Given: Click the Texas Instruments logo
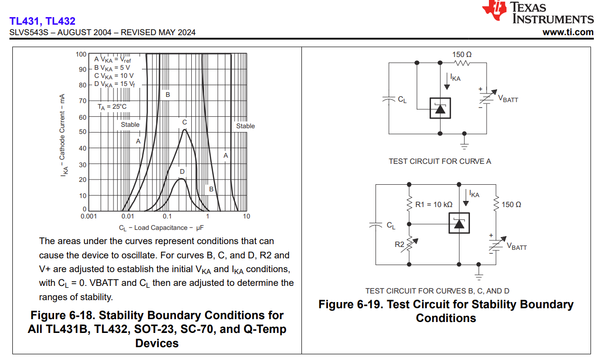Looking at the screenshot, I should click(x=538, y=12).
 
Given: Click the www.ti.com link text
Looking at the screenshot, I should click(x=568, y=32).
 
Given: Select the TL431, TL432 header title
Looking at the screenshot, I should click(x=42, y=21).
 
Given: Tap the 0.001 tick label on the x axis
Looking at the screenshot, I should click(x=89, y=217).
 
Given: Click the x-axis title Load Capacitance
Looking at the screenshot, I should click(x=161, y=228).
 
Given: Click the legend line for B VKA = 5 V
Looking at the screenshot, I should click(x=113, y=67).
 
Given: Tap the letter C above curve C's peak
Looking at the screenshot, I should click(x=185, y=123).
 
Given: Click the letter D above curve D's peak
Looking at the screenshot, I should click(x=182, y=171).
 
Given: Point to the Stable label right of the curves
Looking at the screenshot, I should click(x=245, y=126).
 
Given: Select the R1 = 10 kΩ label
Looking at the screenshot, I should click(x=434, y=205).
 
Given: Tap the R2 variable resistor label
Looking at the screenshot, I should click(x=400, y=245).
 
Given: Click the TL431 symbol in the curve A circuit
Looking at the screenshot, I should click(x=440, y=109).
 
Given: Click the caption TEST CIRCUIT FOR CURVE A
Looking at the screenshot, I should click(x=440, y=161).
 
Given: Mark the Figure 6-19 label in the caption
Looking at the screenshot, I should click(x=350, y=304).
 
